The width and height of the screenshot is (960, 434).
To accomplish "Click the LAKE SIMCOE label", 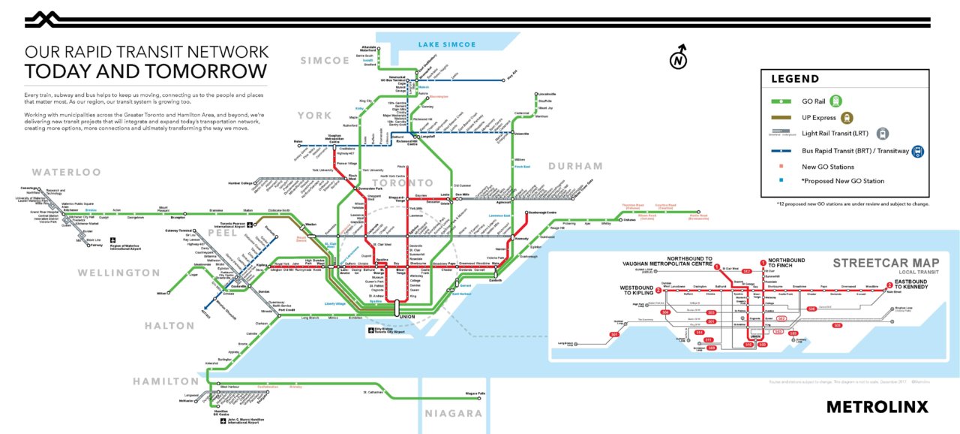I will tap(448, 45).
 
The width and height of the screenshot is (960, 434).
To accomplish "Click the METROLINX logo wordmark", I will tap(877, 407).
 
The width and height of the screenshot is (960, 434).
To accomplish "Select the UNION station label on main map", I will tap(408, 316).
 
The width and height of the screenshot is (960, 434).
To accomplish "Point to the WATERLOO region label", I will tap(66, 173).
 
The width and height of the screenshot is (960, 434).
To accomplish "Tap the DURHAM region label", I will tap(575, 166).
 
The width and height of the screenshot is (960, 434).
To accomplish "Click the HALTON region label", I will tap(169, 326).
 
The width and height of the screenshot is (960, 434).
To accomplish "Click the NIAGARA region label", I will tap(454, 414).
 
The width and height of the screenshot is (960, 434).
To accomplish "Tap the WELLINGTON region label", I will tap(119, 273).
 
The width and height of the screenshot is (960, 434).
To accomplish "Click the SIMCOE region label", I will tap(325, 60).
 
